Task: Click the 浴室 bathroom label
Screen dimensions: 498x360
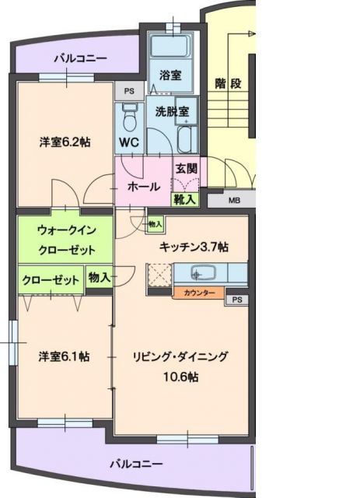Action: tap(171, 75)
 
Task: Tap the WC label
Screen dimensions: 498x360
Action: tap(129, 143)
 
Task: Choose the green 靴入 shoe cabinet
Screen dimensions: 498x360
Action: tap(186, 199)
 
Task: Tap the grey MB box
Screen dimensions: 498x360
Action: tap(234, 200)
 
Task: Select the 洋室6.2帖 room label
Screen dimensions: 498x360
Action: tap(65, 142)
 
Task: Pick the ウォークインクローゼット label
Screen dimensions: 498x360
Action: tap(66, 240)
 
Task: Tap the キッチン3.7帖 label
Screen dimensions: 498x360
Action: tap(194, 247)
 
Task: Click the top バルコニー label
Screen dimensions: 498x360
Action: tap(81, 58)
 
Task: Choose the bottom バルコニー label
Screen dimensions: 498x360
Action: tap(135, 464)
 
